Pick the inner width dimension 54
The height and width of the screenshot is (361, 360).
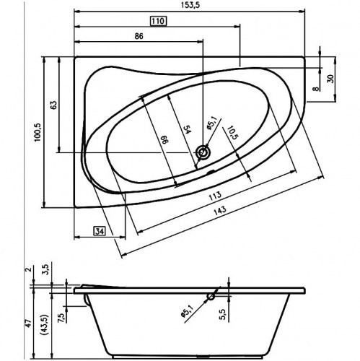[186, 130]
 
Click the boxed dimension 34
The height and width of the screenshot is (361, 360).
[100, 231]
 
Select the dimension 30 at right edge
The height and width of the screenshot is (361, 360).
[332, 79]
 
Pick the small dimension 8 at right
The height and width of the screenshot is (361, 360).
[315, 88]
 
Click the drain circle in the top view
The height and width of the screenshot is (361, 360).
[203, 153]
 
